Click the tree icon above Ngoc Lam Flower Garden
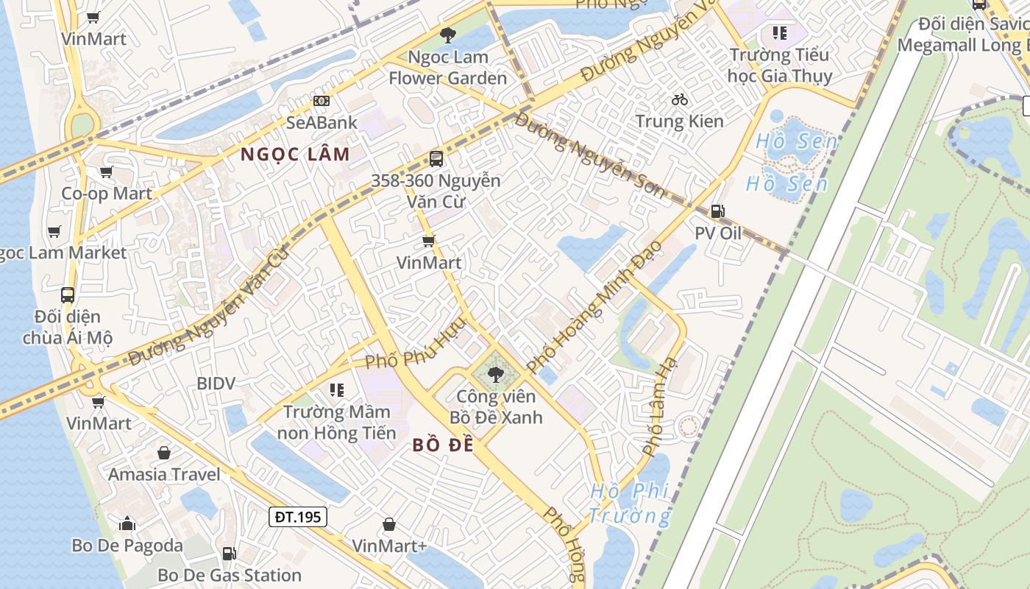pyautogui.click(x=447, y=35)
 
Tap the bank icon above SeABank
pyautogui.click(x=322, y=100)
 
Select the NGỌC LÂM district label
pyautogui.click(x=295, y=155)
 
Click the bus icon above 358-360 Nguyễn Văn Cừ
pyautogui.click(x=436, y=158)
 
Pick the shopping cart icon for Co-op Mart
pyautogui.click(x=107, y=172)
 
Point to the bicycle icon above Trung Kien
pyautogui.click(x=680, y=99)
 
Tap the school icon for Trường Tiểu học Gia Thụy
pyautogui.click(x=779, y=32)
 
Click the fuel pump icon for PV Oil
pyautogui.click(x=717, y=212)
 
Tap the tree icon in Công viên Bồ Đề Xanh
pyautogui.click(x=496, y=374)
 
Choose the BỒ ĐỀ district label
pyautogui.click(x=443, y=445)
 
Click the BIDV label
pyautogui.click(x=216, y=383)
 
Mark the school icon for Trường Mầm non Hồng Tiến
pyautogui.click(x=337, y=389)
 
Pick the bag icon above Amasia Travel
pyautogui.click(x=163, y=452)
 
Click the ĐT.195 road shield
pyautogui.click(x=297, y=517)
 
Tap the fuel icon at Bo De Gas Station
pyautogui.click(x=230, y=553)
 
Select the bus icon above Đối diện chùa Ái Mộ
pyautogui.click(x=68, y=294)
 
